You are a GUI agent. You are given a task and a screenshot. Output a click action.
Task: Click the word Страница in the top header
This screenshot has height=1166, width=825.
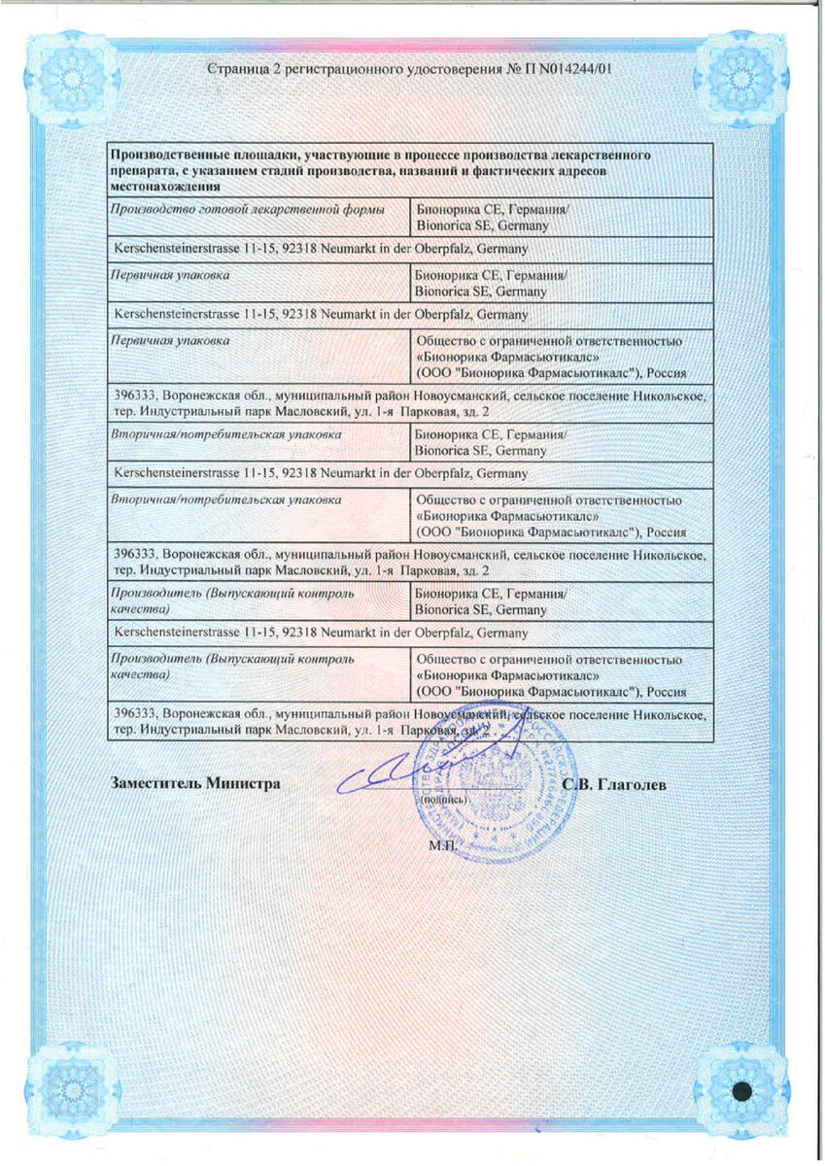click(236, 69)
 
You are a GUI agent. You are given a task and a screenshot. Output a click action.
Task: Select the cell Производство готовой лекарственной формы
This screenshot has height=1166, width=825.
click(247, 210)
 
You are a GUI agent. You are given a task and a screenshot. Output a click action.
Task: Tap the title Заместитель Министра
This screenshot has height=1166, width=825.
click(197, 783)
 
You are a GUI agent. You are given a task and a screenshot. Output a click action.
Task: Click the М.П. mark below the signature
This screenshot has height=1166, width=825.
click(442, 845)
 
